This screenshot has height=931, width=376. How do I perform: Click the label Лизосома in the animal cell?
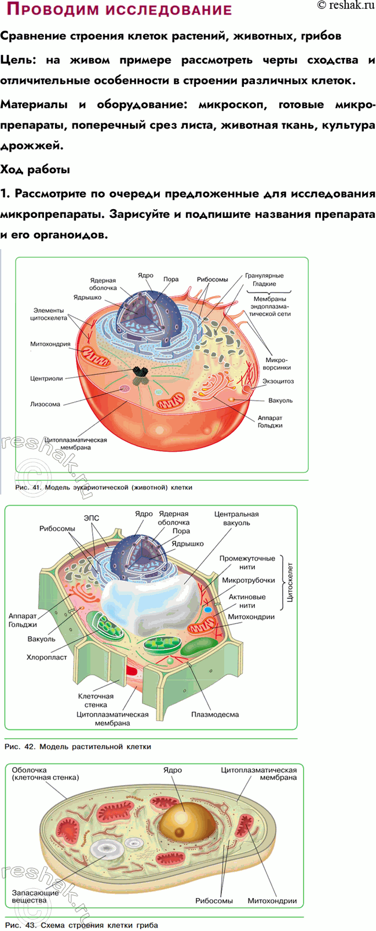(x=45, y=404)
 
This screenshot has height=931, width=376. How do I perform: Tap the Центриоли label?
(x=46, y=378)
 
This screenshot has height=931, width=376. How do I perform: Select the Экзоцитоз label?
(x=278, y=381)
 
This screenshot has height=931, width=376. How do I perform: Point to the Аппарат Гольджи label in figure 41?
(x=270, y=422)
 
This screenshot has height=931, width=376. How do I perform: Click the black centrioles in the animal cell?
(x=140, y=375)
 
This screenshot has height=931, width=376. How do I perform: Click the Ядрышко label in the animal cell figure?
(x=87, y=298)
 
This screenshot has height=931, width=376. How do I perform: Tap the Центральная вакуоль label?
(x=236, y=518)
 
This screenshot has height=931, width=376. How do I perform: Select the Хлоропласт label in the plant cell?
(x=46, y=657)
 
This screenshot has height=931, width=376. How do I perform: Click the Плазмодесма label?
(x=215, y=714)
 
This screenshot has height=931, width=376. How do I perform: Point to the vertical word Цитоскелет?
(x=290, y=582)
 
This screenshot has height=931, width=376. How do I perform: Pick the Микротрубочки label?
(x=248, y=580)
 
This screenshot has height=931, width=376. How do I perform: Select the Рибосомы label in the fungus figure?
(x=214, y=901)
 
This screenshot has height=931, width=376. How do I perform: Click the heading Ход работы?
(x=35, y=170)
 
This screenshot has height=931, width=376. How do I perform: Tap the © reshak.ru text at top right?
(x=346, y=6)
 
